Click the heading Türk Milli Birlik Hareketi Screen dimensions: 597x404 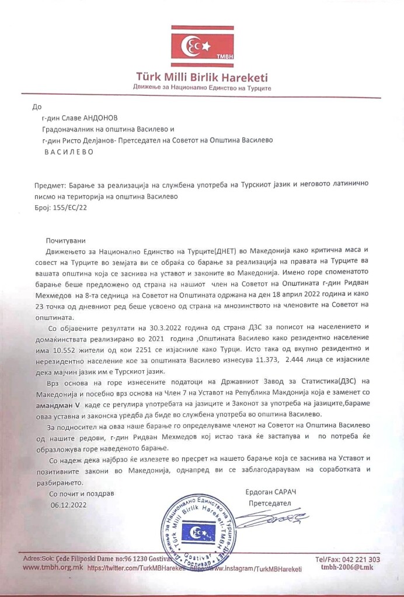click(x=201, y=77)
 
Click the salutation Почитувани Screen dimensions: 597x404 click(x=66, y=240)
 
